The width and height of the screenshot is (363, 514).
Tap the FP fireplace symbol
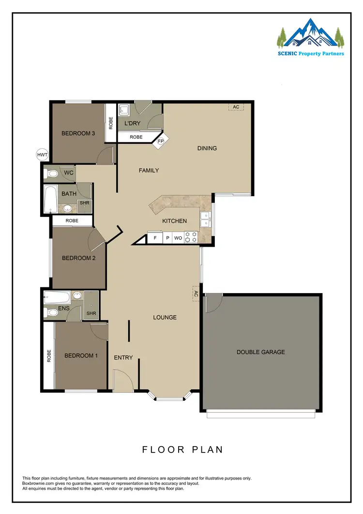[160, 141]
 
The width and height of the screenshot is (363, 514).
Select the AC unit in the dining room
[236, 107]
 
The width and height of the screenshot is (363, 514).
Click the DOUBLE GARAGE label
[260, 352]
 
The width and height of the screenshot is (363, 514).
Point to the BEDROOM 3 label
[78, 134]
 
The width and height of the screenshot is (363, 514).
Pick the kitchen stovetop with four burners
[191, 238]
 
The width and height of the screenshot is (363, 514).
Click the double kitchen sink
[206, 219]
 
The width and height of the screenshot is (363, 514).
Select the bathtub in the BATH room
[49, 199]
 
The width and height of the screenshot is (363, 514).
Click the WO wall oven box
[178, 238]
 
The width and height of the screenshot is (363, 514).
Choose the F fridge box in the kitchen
[155, 238]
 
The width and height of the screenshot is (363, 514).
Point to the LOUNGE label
[165, 318]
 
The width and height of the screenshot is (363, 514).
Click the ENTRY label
[123, 358]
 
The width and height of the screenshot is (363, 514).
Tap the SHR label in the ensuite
[91, 313]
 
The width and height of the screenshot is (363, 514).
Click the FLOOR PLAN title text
[182, 450]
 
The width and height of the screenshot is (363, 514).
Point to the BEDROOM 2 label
[78, 258]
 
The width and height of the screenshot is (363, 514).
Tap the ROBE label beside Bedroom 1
[49, 357]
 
